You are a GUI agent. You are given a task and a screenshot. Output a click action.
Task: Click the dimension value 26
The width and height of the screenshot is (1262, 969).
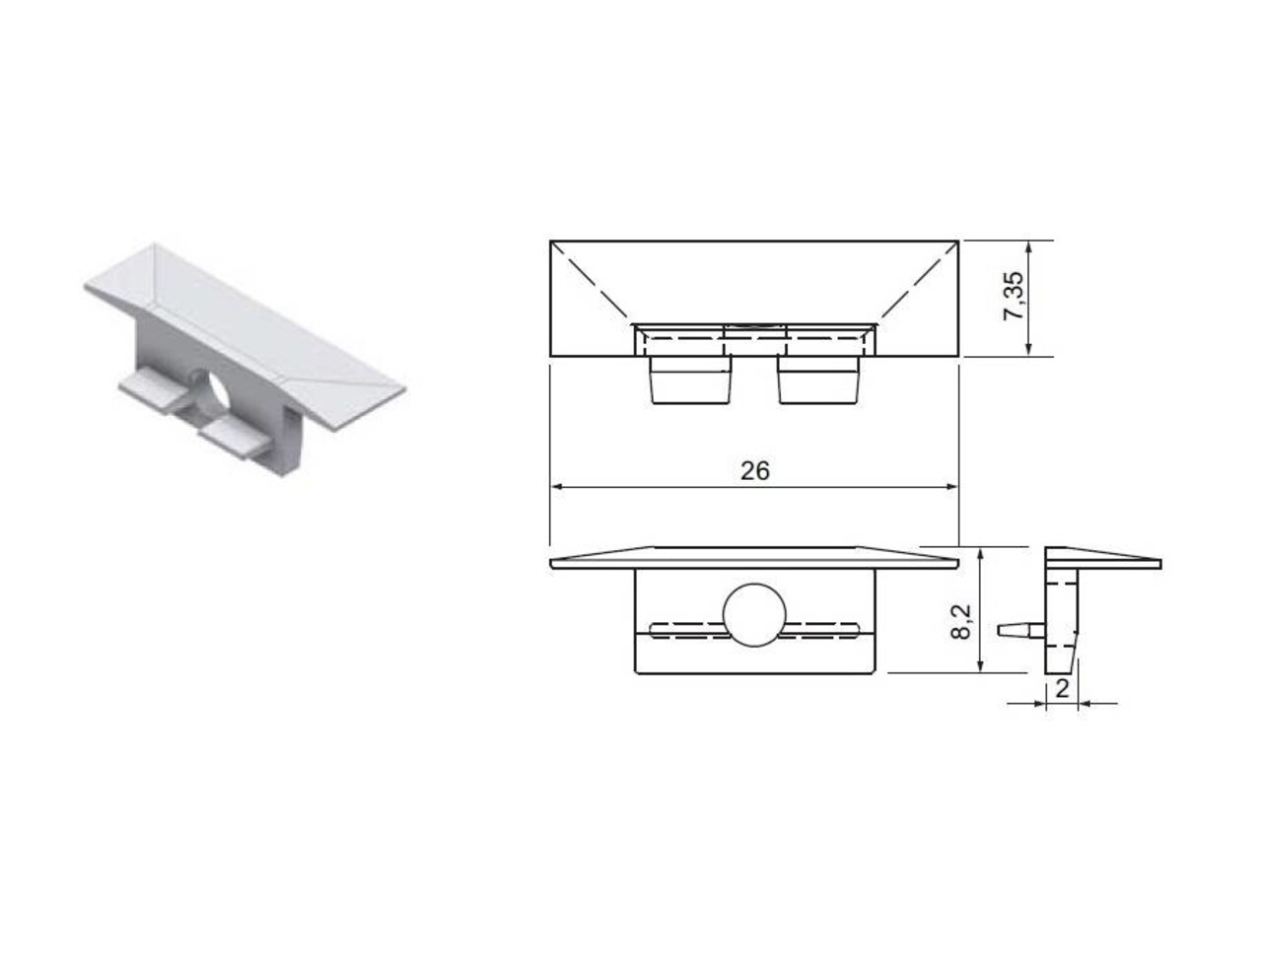[x=754, y=471]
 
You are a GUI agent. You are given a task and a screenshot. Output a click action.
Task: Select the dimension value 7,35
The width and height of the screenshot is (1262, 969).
[x=1014, y=296]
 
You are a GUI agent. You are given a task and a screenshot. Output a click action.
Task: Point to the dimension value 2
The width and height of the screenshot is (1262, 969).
[x=1062, y=689]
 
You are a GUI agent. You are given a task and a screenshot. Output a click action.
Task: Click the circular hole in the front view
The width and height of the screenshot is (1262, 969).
[x=754, y=616]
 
